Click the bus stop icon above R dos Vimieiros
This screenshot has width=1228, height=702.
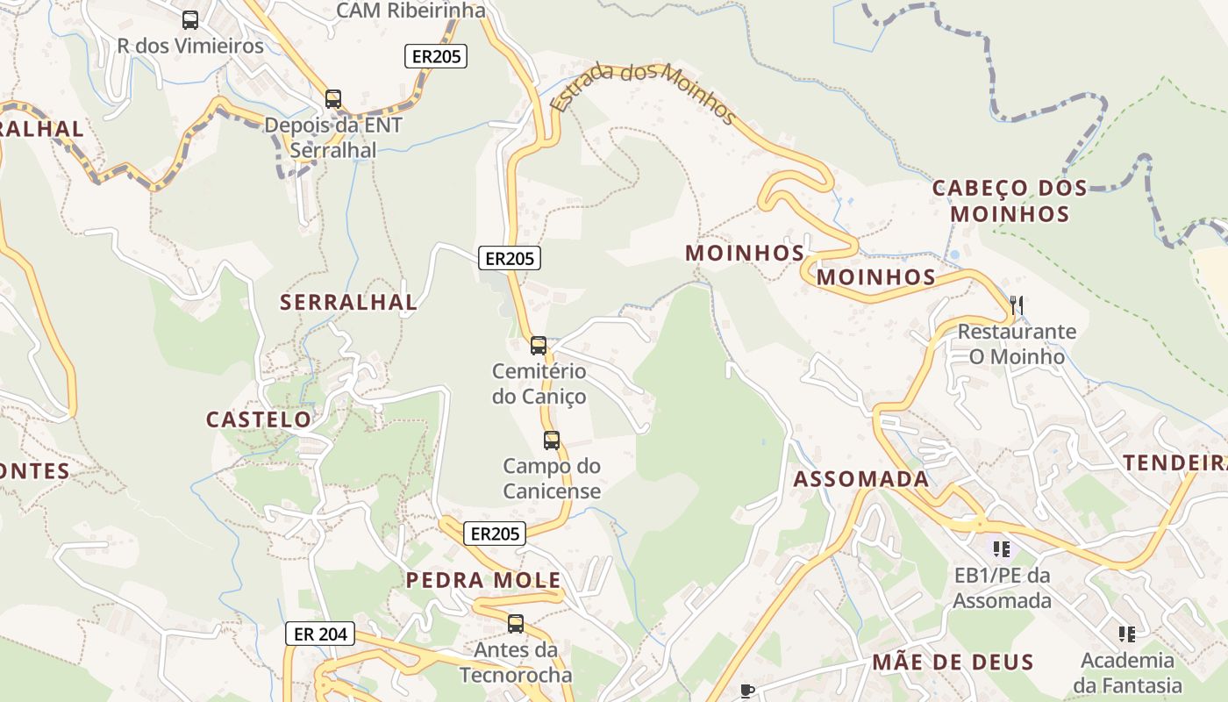(190, 19)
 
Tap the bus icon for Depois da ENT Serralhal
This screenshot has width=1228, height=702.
(333, 98)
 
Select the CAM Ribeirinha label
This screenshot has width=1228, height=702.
(411, 11)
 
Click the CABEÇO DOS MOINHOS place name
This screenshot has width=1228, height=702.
(1010, 200)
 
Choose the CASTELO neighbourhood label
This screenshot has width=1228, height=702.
(259, 419)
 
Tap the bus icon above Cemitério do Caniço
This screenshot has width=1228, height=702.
(539, 346)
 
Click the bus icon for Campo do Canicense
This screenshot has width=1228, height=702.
(552, 441)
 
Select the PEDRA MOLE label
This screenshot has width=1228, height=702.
(483, 580)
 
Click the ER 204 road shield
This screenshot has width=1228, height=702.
(320, 634)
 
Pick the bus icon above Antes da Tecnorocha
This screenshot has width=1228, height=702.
(516, 624)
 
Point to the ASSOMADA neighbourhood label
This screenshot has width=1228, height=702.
(860, 479)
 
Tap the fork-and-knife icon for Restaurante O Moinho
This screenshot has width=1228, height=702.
(1017, 305)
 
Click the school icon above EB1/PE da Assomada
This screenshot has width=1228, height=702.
(1002, 549)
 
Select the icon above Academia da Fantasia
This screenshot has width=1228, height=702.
(1127, 634)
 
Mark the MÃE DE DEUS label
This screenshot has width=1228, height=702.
(953, 663)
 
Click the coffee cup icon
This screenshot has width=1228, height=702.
(747, 691)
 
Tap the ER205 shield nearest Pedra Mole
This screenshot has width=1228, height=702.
(495, 534)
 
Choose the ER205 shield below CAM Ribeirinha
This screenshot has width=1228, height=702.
(436, 57)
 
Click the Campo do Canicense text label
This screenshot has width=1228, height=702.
(552, 478)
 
